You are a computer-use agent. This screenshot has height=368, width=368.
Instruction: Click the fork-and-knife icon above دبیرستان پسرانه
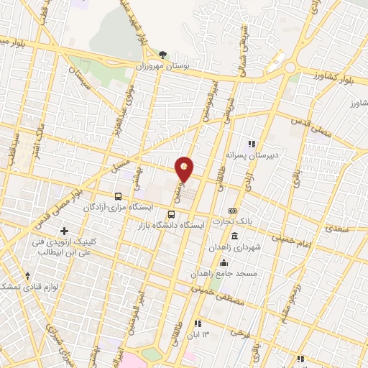(251, 143)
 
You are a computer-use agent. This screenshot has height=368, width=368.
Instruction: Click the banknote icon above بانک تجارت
(231, 211)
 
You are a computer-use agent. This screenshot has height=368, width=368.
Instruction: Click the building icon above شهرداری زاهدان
(235, 236)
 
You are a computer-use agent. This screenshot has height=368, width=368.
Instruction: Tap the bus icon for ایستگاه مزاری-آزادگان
(119, 195)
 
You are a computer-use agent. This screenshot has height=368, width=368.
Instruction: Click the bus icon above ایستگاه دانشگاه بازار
(171, 214)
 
